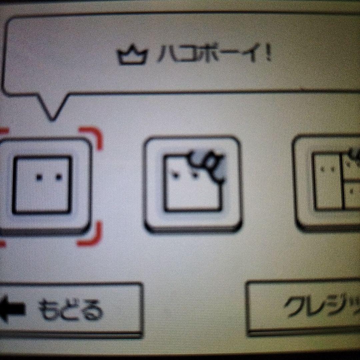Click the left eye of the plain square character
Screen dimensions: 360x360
[x=39, y=178]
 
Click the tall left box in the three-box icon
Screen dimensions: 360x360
[x=327, y=182]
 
